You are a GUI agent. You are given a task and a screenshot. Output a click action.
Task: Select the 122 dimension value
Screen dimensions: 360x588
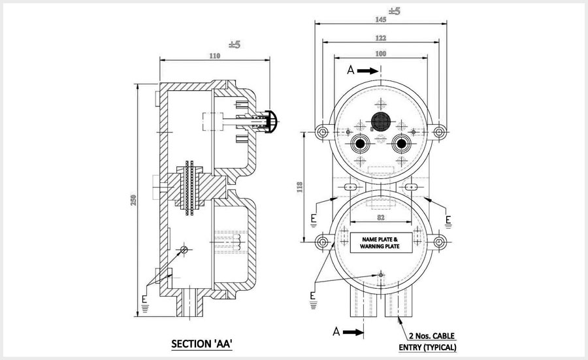pos(380,39)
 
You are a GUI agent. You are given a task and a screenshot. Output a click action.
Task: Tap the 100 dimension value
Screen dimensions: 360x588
pos(380,53)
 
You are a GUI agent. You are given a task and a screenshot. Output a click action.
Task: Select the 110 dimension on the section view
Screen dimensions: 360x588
pos(215,56)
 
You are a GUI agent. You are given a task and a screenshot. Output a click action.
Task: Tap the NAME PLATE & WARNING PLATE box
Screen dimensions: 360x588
pos(380,243)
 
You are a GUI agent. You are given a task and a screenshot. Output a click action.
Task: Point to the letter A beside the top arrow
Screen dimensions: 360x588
pos(351,71)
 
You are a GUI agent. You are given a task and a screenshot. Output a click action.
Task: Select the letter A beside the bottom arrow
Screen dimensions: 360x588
pos(336,332)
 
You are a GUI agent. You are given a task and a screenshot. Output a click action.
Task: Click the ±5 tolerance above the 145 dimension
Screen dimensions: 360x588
pos(394,10)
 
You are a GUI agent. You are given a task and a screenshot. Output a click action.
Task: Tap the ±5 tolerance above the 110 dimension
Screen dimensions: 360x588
pos(235,44)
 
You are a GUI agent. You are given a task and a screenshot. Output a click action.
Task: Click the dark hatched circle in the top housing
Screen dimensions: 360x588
pos(380,122)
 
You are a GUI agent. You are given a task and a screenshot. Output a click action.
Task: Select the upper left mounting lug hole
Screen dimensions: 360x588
pos(322,133)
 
